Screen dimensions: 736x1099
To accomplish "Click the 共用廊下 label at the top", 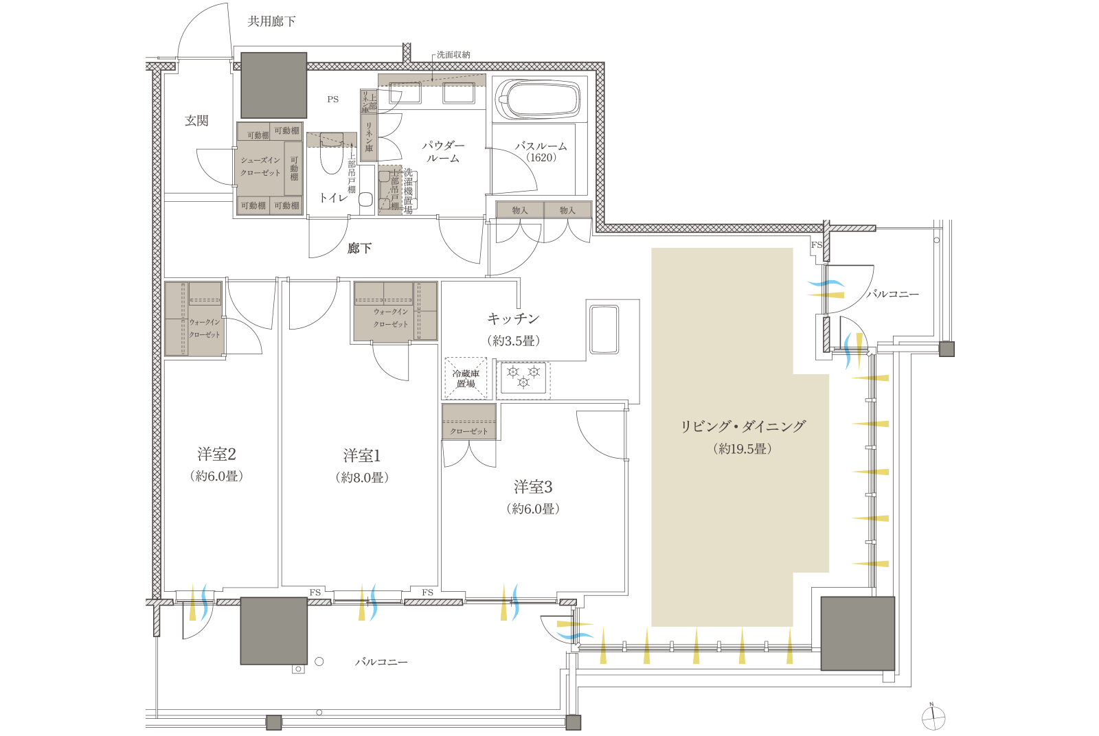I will point(271,22).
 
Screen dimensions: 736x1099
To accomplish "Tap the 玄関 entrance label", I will point(196,121).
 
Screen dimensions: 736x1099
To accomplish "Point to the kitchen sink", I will point(604,329).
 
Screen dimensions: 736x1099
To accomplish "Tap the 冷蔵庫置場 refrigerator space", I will point(466,378).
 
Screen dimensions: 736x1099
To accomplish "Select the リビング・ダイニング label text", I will point(743,426).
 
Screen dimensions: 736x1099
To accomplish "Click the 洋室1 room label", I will point(361,456).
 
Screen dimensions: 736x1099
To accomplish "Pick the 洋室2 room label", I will point(216,455).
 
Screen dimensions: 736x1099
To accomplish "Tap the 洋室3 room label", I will point(533,487).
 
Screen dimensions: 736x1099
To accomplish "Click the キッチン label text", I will point(513,319).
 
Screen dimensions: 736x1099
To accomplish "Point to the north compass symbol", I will point(933,718).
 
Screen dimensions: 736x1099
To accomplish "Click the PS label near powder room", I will point(333,100).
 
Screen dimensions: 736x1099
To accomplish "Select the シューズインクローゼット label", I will point(260,166).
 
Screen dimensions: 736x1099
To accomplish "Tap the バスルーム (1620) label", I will point(541,152).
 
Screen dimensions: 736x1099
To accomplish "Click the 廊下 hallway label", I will point(359,249).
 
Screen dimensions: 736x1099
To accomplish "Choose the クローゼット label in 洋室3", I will point(469,431).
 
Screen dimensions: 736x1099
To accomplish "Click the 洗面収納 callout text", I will point(454,55).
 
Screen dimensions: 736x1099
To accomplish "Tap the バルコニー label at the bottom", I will point(381,662).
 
